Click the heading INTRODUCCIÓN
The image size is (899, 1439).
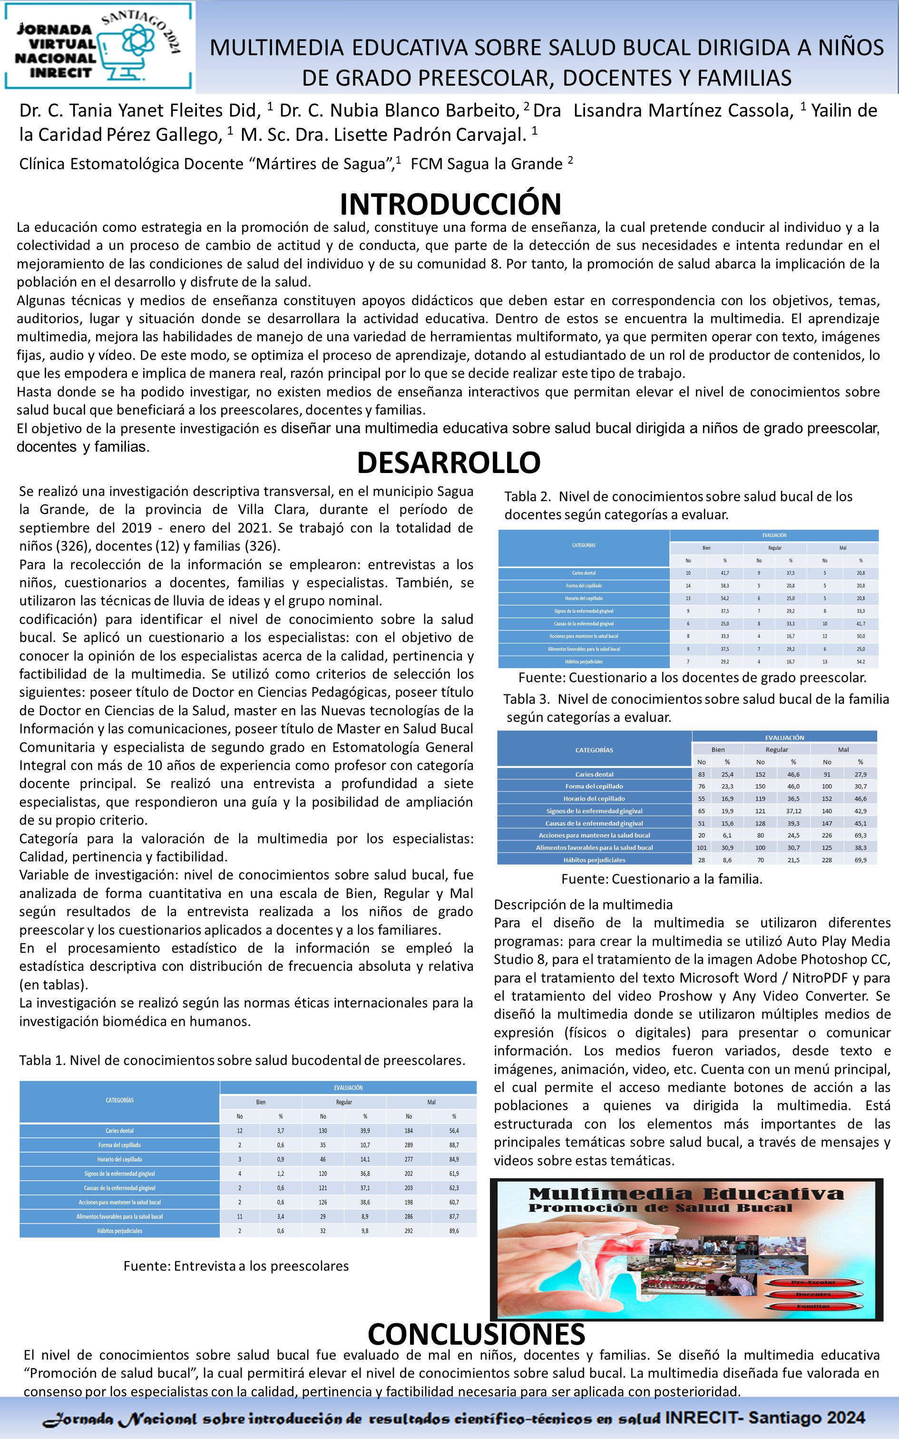tap(450, 204)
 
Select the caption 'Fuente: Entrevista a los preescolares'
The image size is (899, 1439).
tap(236, 1266)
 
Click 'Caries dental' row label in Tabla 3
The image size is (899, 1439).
tap(594, 774)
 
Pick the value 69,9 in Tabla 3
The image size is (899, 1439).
tap(860, 860)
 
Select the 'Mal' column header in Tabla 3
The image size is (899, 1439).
tap(843, 750)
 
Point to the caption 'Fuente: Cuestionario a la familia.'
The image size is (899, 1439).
tap(662, 879)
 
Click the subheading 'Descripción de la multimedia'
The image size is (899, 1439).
tap(583, 905)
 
